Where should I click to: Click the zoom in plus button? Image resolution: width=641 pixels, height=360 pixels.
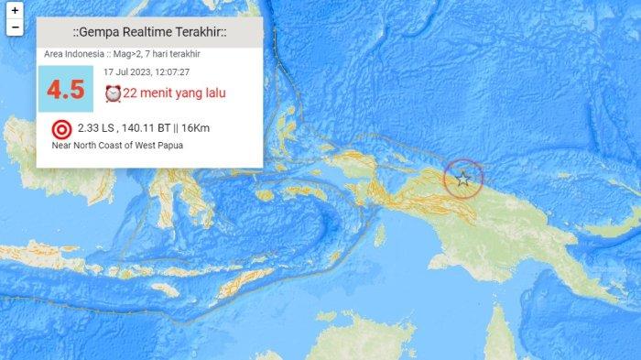15,10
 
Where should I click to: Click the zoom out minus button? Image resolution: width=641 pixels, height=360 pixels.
15,27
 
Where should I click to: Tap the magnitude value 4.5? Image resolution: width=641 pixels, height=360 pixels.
65,90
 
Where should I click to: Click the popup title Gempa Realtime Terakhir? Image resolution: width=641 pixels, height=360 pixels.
149,33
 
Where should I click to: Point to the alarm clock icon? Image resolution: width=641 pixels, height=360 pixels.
113,93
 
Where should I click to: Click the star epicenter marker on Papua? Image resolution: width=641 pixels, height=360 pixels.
463,179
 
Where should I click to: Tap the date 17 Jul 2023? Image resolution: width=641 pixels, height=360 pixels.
126,71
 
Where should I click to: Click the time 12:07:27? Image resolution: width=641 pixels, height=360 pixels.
171,71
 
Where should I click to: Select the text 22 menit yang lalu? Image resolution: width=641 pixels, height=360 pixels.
175,93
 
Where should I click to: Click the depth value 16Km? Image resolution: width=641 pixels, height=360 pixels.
196,128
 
